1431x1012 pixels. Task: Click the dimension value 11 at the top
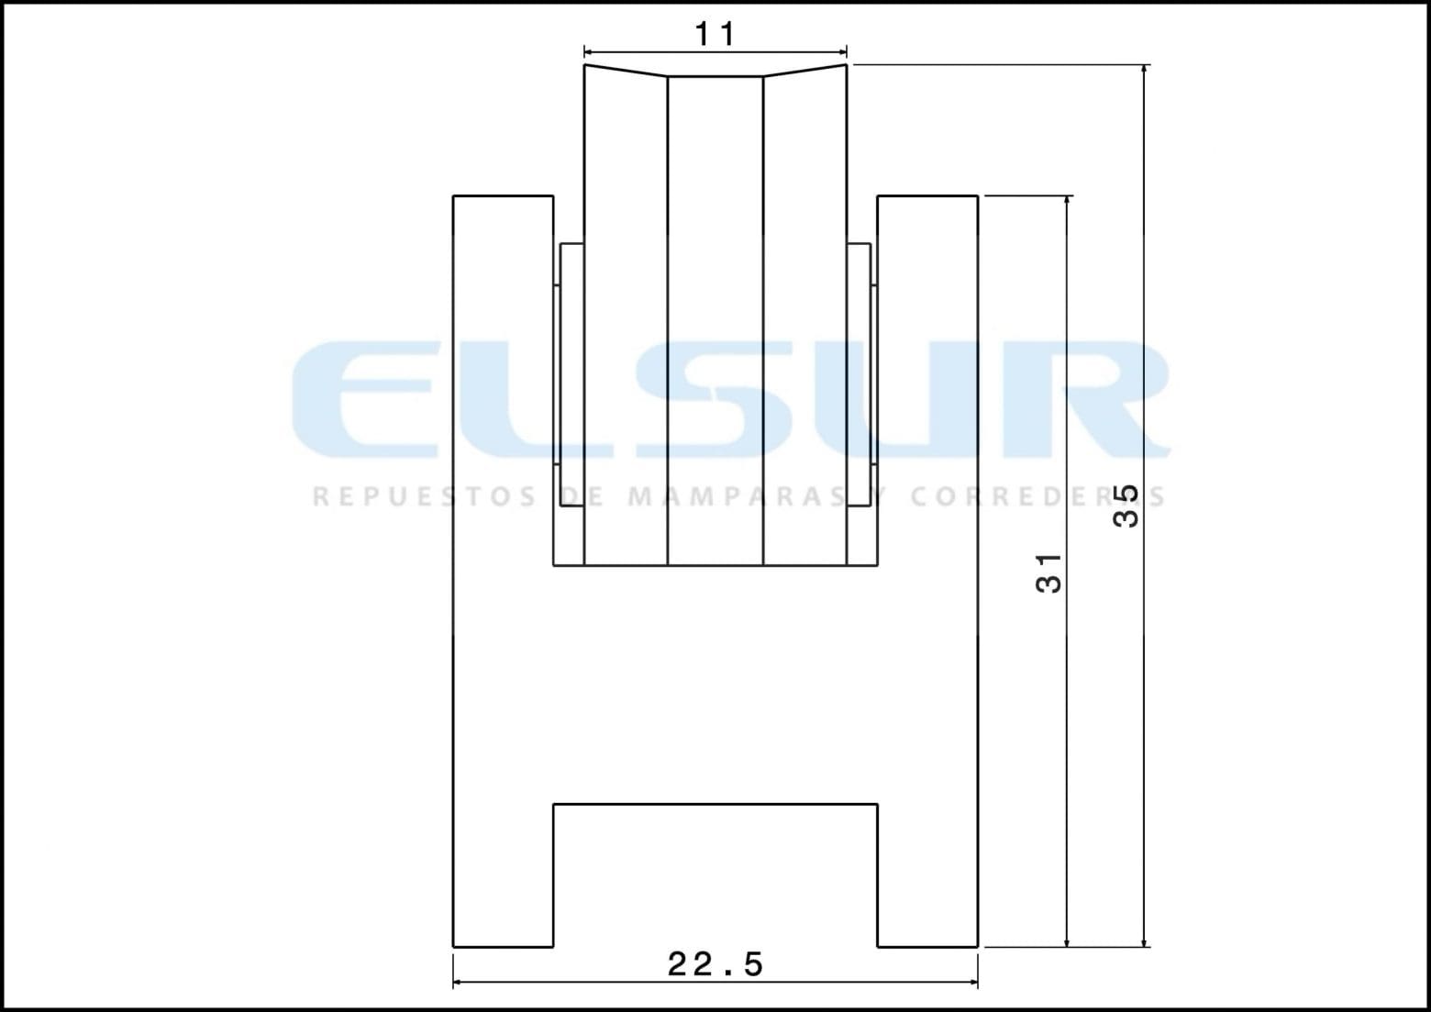click(715, 35)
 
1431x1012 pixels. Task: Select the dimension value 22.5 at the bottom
click(715, 964)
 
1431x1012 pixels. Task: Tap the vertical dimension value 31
click(1049, 573)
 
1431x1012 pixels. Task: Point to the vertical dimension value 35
click(1126, 506)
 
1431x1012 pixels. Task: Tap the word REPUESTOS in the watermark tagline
click(425, 497)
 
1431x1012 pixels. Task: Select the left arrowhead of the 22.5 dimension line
click(459, 983)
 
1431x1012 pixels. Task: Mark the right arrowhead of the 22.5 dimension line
click(972, 983)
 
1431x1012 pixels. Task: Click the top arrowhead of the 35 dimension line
click(1144, 71)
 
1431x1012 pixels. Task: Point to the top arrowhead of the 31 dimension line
click(1067, 202)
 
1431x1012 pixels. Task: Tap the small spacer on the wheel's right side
click(860, 376)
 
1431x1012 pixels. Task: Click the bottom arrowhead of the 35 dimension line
click(1144, 940)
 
